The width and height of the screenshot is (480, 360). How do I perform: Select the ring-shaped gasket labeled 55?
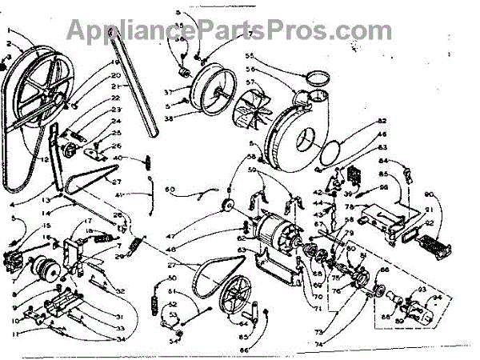319,78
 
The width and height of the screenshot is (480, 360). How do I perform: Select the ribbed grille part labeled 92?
426,241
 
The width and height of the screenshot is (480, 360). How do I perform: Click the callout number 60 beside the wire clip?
170,190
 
